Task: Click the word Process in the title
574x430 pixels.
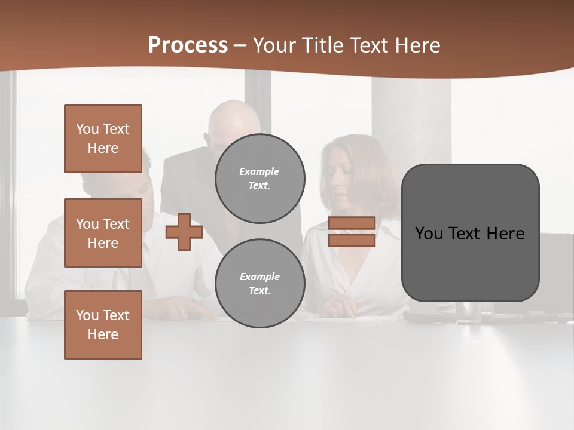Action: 188,45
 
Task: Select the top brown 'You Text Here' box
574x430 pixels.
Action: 103,139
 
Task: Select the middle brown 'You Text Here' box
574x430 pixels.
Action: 103,233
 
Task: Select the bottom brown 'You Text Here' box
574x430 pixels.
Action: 103,325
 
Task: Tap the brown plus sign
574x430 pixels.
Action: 184,232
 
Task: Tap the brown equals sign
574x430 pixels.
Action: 352,232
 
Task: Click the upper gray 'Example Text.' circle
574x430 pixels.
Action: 259,179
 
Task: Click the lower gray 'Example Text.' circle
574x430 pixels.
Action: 259,284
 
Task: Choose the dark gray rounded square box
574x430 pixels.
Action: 470,233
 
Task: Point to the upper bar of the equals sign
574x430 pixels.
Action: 352,223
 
